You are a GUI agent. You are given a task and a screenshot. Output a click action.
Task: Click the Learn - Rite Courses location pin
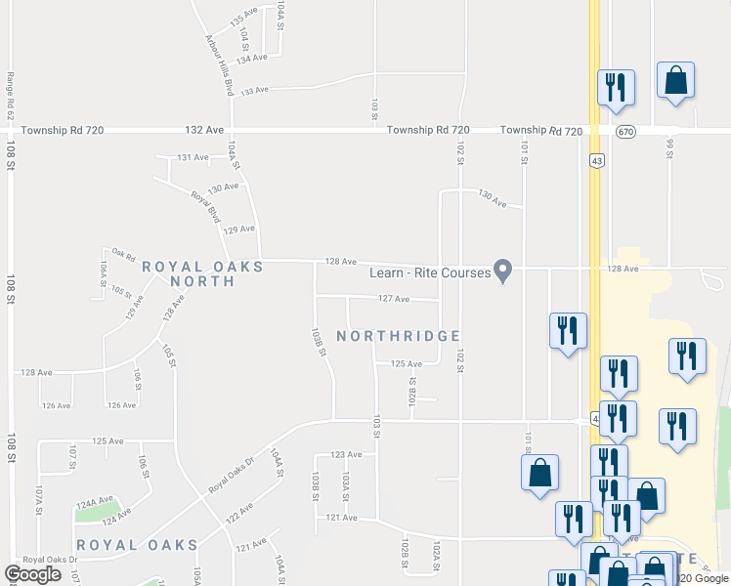pyautogui.click(x=503, y=271)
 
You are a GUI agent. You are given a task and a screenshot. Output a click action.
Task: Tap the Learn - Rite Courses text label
pyautogui.click(x=429, y=272)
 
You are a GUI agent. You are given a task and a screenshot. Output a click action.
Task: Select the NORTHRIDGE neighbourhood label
pyautogui.click(x=398, y=336)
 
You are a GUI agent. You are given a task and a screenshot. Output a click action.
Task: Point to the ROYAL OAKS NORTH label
pyautogui.click(x=202, y=273)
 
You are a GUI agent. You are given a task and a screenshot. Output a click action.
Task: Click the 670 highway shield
pyautogui.click(x=623, y=131)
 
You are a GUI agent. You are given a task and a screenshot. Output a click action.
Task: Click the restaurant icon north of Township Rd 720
pyautogui.click(x=616, y=88)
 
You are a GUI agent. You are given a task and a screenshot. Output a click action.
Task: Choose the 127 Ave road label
pyautogui.click(x=393, y=299)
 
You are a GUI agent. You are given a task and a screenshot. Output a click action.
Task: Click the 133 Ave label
pyautogui.click(x=254, y=90)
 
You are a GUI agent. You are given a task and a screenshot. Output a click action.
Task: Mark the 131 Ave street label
pyautogui.click(x=193, y=157)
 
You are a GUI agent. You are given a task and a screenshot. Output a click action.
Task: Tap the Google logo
pyautogui.click(x=33, y=574)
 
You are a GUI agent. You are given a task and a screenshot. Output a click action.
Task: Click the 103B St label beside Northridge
pyautogui.click(x=318, y=341)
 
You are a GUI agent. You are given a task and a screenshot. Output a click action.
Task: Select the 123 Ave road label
pyautogui.click(x=346, y=454)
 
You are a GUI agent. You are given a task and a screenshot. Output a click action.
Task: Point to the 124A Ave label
pyautogui.click(x=95, y=502)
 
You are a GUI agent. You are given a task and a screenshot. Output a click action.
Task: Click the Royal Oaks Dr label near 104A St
pyautogui.click(x=236, y=476)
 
